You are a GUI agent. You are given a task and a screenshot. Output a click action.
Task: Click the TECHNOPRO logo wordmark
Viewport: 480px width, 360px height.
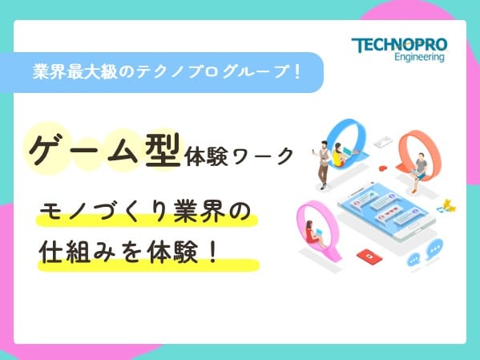[x=399, y=45]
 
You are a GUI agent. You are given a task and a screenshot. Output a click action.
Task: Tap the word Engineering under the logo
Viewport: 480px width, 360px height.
[x=419, y=57]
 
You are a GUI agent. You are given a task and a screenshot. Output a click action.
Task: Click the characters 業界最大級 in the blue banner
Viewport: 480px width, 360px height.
[x=75, y=72]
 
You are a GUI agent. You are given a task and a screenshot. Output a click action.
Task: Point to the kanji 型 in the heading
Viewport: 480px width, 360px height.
[x=163, y=151]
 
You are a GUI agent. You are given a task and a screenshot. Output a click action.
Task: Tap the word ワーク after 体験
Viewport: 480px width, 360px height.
[x=263, y=156]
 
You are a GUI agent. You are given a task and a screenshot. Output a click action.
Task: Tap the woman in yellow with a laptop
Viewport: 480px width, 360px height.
[x=339, y=155]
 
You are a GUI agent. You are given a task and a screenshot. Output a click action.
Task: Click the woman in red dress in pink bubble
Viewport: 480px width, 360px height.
[x=313, y=233]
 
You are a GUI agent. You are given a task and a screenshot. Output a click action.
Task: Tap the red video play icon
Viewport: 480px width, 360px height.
[x=369, y=257]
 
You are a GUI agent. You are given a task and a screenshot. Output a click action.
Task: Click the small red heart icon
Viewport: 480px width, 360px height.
[x=383, y=168]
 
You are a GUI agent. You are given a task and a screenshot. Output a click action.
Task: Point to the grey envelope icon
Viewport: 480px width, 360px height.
[x=383, y=142]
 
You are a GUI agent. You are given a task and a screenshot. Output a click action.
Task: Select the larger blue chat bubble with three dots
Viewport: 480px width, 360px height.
[x=434, y=249]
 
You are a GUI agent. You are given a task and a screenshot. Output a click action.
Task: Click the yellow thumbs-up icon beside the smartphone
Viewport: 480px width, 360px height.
[x=448, y=205]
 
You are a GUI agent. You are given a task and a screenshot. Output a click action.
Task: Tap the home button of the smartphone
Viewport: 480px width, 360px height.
[x=413, y=226]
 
